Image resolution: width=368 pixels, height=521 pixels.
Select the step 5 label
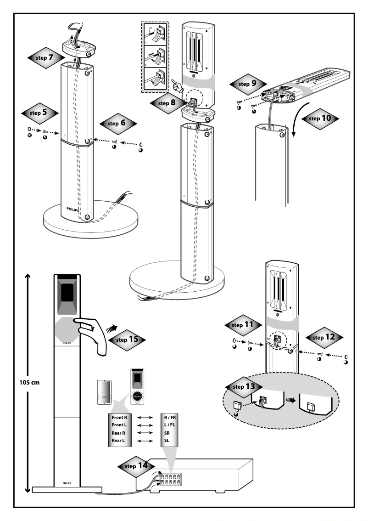pos(40,112)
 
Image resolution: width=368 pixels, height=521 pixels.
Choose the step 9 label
pos(247,85)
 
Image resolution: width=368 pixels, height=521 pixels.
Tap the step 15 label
pos(127,340)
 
